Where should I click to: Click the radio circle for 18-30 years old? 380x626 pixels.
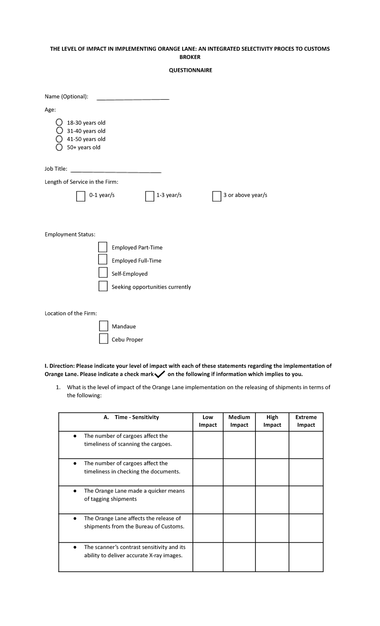pyautogui.click(x=59, y=122)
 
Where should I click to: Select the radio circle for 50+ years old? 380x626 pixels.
pyautogui.click(x=59, y=147)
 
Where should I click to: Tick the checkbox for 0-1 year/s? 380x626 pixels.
pyautogui.click(x=81, y=196)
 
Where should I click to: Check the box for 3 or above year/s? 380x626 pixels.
pyautogui.click(x=217, y=196)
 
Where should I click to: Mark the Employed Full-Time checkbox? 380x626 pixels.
pyautogui.click(x=103, y=259)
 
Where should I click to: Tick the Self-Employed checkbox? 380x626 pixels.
pyautogui.click(x=103, y=272)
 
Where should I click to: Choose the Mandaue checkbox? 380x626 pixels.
pyautogui.click(x=104, y=326)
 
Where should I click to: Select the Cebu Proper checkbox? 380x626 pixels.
pyautogui.click(x=104, y=338)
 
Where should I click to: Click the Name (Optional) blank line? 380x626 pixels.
pyautogui.click(x=133, y=99)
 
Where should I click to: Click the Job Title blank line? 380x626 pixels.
pyautogui.click(x=116, y=172)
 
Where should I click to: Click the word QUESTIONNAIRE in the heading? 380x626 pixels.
pyautogui.click(x=190, y=70)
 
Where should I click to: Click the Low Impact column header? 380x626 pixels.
pyautogui.click(x=208, y=421)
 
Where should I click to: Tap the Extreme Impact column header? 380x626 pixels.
pyautogui.click(x=306, y=421)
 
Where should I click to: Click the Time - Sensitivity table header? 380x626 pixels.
pyautogui.click(x=131, y=417)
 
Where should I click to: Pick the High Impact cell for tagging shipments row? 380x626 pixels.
pyautogui.click(x=272, y=500)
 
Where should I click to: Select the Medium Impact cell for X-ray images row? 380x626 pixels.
pyautogui.click(x=239, y=557)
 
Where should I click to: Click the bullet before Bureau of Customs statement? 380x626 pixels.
pyautogui.click(x=75, y=519)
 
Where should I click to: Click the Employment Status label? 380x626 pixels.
pyautogui.click(x=70, y=234)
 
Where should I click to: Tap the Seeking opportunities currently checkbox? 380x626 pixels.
pyautogui.click(x=103, y=286)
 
